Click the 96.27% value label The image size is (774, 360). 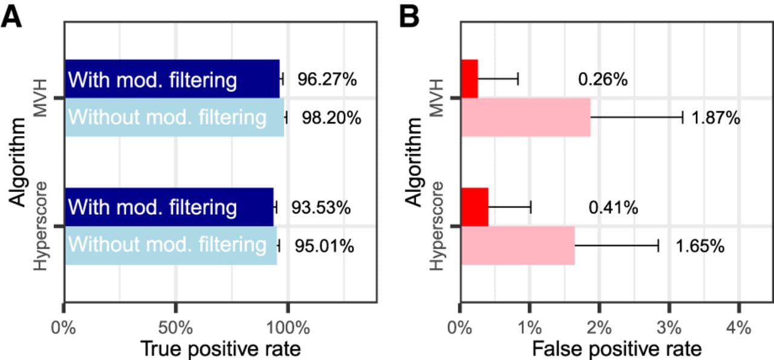[x=327, y=79]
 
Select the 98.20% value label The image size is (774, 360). [x=332, y=118]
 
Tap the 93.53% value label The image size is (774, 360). [x=321, y=208]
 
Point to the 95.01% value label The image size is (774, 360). [x=325, y=246]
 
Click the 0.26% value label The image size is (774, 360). [x=603, y=79]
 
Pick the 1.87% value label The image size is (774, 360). [x=716, y=118]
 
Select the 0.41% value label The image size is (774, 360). [x=613, y=208]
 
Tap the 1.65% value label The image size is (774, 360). [x=700, y=246]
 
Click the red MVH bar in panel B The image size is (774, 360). [x=470, y=79]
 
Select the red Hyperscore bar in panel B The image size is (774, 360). [x=475, y=207]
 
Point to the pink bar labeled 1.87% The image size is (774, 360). [x=526, y=117]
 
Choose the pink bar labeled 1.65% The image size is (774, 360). [x=518, y=246]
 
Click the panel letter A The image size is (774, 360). [x=11, y=17]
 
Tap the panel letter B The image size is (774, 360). [x=409, y=17]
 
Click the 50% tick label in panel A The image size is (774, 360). [x=175, y=327]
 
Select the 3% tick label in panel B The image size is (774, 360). [x=669, y=327]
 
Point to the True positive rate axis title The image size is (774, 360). [x=221, y=349]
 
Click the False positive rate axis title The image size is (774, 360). [x=617, y=349]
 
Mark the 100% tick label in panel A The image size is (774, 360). [x=288, y=327]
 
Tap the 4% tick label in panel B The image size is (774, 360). [x=739, y=327]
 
